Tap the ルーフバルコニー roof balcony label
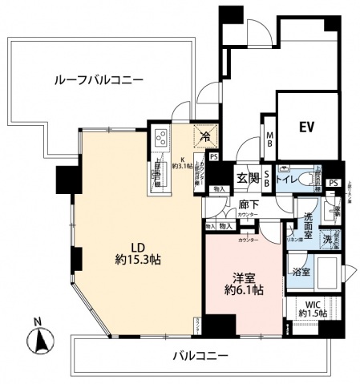pyautogui.click(x=99, y=80)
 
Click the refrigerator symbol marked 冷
pyautogui.click(x=205, y=137)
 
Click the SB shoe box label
pyautogui.click(x=268, y=178)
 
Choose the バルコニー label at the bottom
pyautogui.click(x=200, y=354)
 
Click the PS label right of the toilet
pyautogui.click(x=333, y=183)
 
